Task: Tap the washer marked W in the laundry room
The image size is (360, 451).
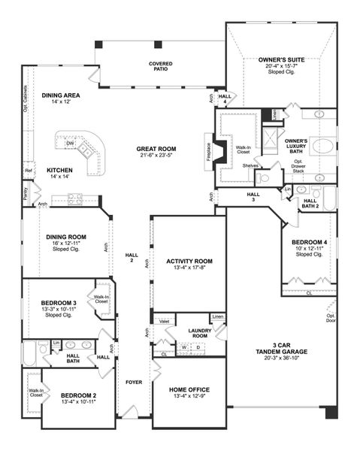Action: [184, 347]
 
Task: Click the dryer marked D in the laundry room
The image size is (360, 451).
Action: [198, 347]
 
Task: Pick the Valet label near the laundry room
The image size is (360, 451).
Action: [164, 321]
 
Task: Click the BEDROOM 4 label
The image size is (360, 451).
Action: [309, 241]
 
